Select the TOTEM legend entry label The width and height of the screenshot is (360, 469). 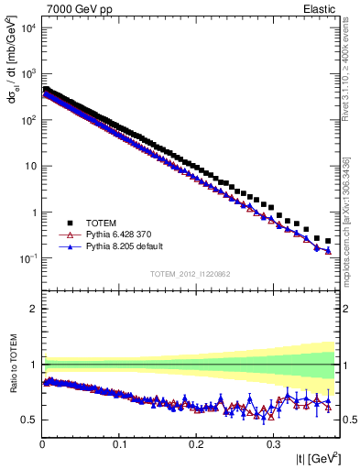tap(102, 223)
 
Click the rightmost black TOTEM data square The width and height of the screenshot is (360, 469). tap(328, 241)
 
